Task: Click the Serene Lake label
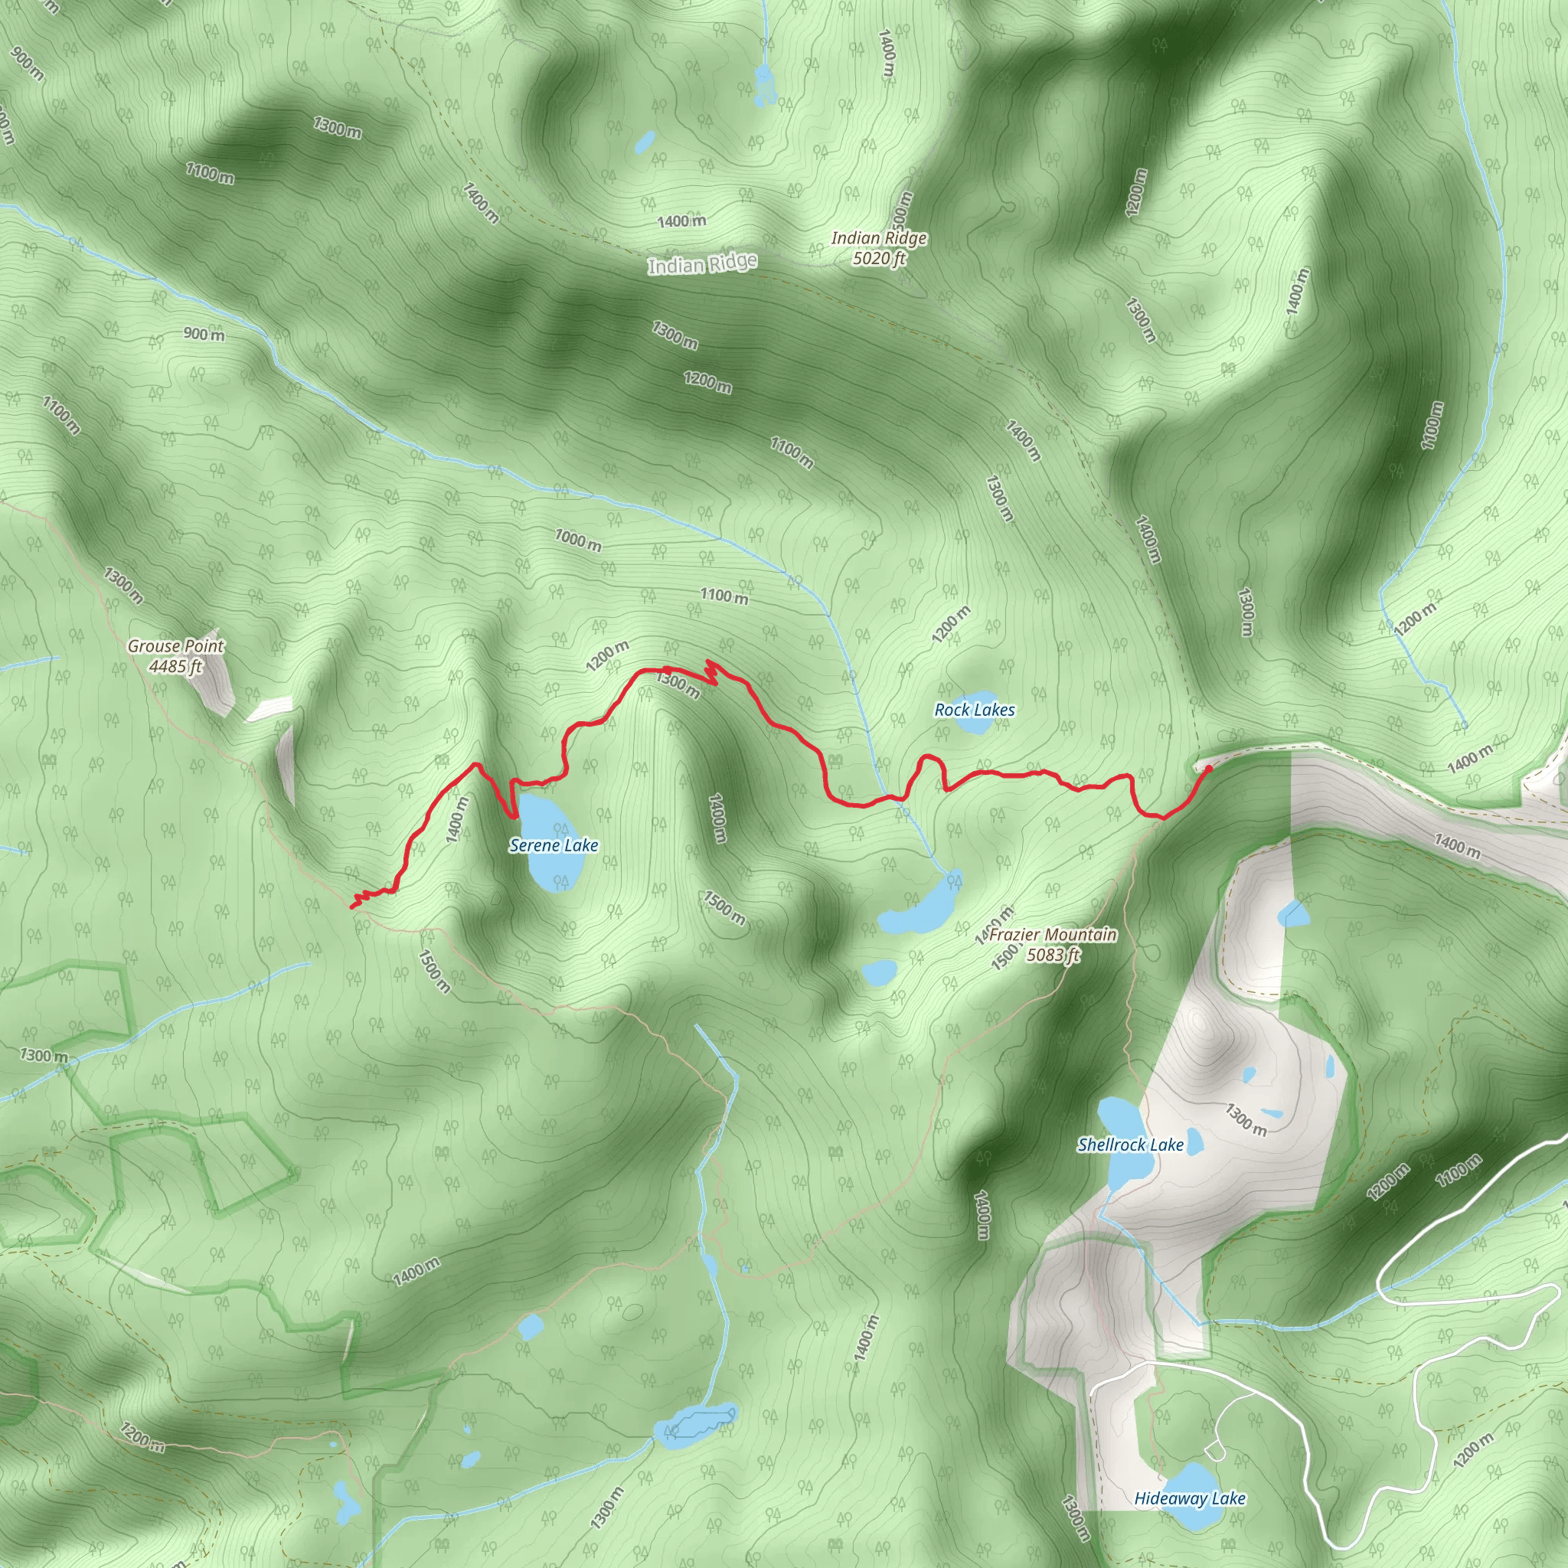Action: [554, 846]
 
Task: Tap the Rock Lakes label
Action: [975, 710]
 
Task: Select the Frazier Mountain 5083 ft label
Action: [1053, 945]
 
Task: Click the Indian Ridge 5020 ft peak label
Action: [879, 248]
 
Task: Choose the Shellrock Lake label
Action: [1131, 1145]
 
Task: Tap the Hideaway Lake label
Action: [1190, 1499]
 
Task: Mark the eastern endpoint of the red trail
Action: [1209, 768]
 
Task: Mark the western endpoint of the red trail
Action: [351, 906]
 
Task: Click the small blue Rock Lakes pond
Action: [974, 725]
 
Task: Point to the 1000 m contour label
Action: [578, 540]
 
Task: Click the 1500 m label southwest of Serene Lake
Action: [434, 972]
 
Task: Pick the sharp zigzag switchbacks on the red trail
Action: [712, 672]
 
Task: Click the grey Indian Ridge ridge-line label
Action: [703, 265]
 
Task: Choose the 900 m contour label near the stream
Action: [204, 334]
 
